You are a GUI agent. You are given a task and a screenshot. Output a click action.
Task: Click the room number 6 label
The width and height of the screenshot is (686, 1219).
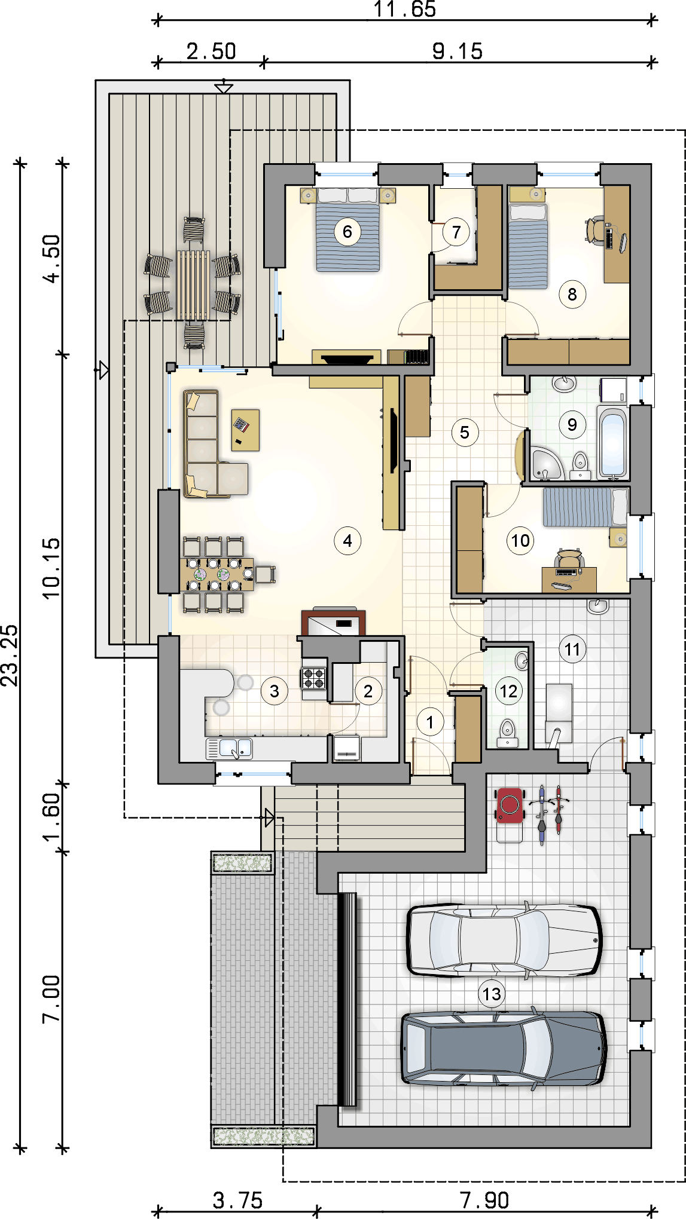tap(347, 231)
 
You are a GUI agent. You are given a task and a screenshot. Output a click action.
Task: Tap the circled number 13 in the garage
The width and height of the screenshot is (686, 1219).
tap(492, 994)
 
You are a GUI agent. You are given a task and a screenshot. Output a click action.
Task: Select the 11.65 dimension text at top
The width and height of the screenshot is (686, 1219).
tap(405, 10)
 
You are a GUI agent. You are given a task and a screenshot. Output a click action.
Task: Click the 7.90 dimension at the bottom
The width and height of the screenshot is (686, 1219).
tap(484, 1200)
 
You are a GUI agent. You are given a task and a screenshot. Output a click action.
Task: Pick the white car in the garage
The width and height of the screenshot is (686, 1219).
tap(504, 940)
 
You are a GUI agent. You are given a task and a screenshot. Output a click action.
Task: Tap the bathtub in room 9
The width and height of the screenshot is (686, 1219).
tap(612, 442)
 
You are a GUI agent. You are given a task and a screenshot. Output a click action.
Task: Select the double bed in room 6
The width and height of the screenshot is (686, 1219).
tap(347, 229)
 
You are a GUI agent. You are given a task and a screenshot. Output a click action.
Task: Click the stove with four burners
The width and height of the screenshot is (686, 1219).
tap(314, 679)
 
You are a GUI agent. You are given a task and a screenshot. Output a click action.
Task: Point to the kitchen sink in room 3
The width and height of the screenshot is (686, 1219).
tap(230, 748)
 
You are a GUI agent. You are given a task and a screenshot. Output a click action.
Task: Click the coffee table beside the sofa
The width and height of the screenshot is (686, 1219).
tap(245, 430)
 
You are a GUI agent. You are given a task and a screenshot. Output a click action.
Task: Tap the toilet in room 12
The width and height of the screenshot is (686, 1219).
tap(507, 733)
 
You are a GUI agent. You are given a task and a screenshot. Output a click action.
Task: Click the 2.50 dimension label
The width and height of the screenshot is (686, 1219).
tap(211, 51)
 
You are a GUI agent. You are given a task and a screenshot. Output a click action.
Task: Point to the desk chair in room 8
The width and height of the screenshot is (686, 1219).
tap(595, 230)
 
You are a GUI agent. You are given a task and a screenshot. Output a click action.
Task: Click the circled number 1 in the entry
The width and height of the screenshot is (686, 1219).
tap(430, 722)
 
